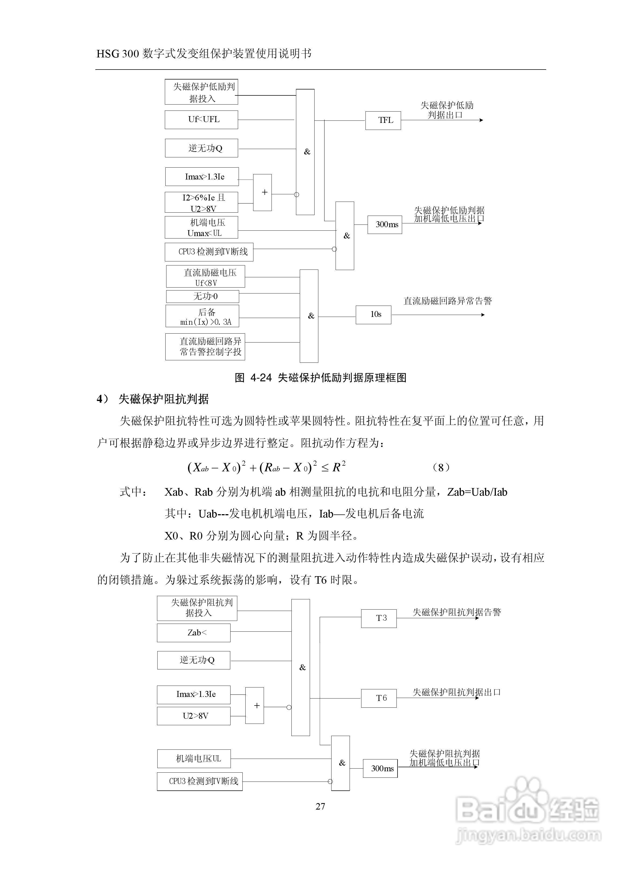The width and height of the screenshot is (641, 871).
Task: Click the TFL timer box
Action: (x=383, y=120)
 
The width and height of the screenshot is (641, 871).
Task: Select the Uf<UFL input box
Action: (x=201, y=120)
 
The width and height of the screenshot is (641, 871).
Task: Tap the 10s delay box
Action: (x=373, y=314)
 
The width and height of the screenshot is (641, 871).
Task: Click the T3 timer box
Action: (x=379, y=618)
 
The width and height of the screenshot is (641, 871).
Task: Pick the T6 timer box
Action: (x=379, y=698)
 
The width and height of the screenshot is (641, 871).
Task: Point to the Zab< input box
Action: (x=194, y=633)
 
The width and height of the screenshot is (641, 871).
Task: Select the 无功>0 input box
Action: (x=203, y=296)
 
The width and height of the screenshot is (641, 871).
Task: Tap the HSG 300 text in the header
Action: (x=118, y=54)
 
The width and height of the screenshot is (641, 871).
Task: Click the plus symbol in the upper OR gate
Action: (x=263, y=192)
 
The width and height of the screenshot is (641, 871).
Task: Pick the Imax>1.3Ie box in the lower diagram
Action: (x=194, y=694)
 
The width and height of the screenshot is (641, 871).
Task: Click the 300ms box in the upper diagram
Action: (x=385, y=225)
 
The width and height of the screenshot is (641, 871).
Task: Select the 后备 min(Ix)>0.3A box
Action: (x=202, y=316)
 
